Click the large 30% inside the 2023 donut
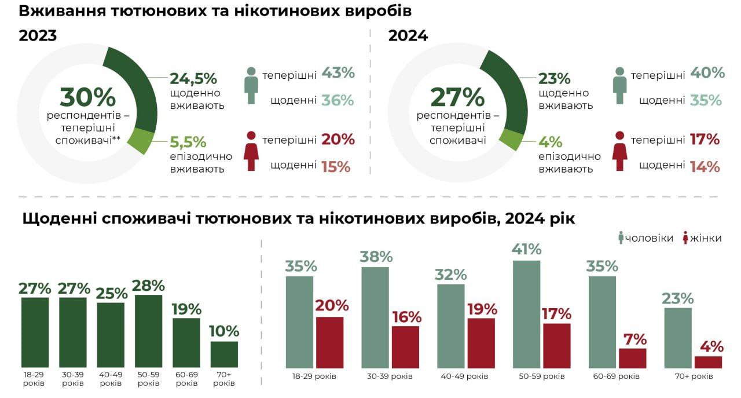(88, 97)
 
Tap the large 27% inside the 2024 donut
(457, 97)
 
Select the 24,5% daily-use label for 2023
(193, 78)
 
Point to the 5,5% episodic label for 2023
(188, 141)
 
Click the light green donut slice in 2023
(142, 141)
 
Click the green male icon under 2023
(251, 85)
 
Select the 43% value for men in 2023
(338, 74)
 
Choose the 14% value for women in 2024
(705, 167)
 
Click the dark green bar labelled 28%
(148, 331)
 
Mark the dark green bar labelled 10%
(224, 354)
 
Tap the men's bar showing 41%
(526, 314)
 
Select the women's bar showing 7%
(632, 358)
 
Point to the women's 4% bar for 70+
(708, 362)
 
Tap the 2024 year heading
(408, 36)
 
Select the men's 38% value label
(376, 257)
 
